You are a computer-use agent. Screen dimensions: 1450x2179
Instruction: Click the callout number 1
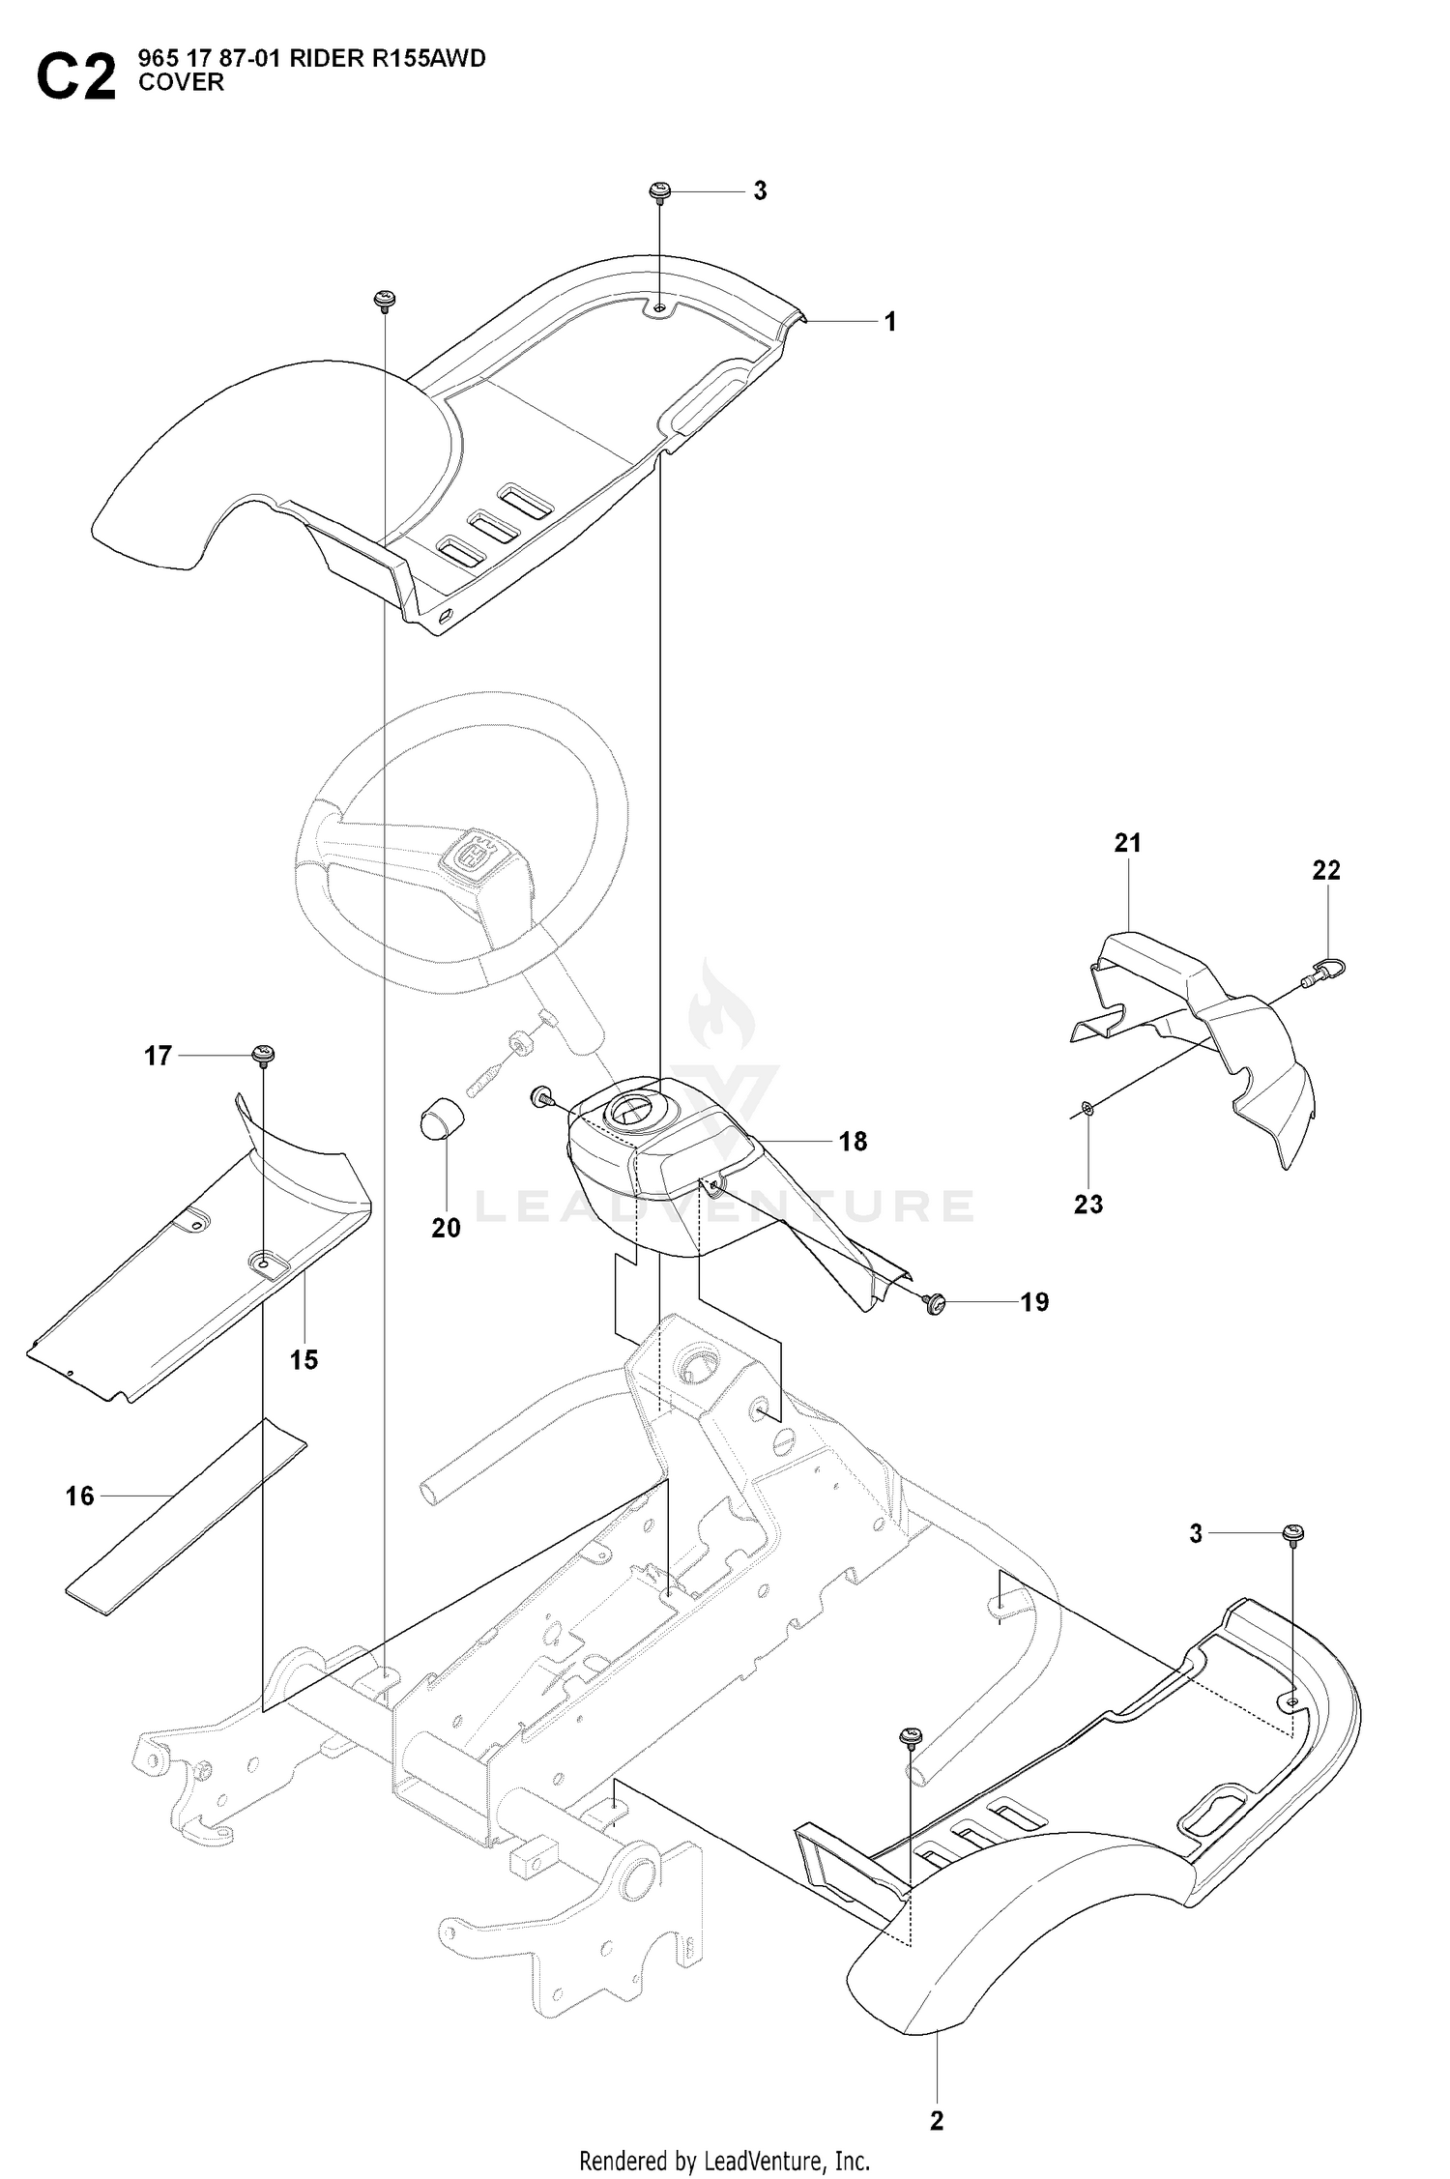(x=890, y=322)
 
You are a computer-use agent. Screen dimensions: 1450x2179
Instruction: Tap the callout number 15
(x=304, y=1360)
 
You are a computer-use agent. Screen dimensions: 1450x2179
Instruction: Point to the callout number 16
(x=80, y=1497)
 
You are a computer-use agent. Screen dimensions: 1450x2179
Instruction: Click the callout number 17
(x=158, y=1057)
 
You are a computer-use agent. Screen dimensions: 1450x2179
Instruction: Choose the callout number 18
(x=853, y=1142)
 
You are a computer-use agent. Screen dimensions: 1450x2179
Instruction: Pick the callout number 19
(x=1034, y=1302)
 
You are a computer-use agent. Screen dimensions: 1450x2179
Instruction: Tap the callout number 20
(x=446, y=1228)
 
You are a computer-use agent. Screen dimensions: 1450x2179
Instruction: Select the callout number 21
(x=1128, y=843)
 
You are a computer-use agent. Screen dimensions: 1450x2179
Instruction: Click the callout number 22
(x=1326, y=870)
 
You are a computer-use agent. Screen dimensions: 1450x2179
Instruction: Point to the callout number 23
(x=1088, y=1205)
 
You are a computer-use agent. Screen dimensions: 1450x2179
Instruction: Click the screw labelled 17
(x=263, y=1054)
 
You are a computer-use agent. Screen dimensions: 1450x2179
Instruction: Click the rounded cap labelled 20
(x=442, y=1119)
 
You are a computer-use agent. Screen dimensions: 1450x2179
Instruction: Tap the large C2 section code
(x=76, y=77)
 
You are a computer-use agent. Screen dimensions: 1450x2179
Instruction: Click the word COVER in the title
(x=181, y=83)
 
